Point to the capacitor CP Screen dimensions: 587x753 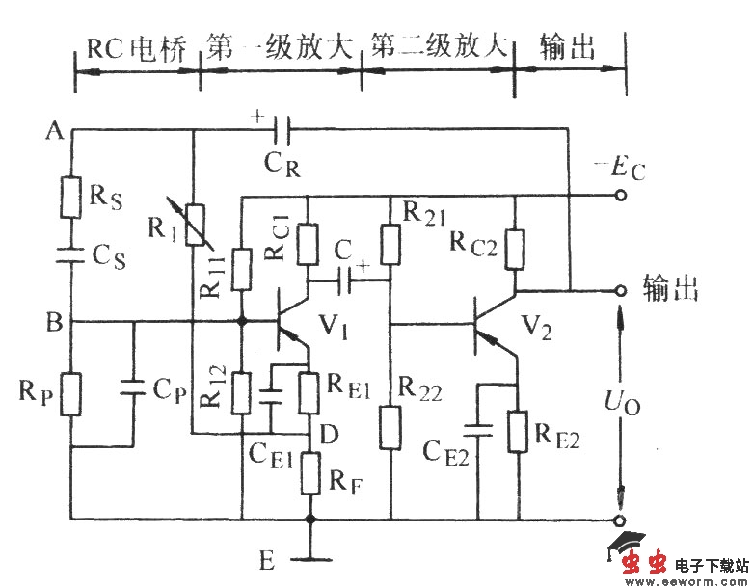click(x=134, y=387)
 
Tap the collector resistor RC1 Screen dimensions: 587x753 click(x=308, y=245)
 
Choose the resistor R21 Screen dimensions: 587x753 click(x=390, y=245)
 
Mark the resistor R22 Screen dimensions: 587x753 click(x=390, y=428)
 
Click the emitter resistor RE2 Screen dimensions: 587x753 click(x=519, y=431)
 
